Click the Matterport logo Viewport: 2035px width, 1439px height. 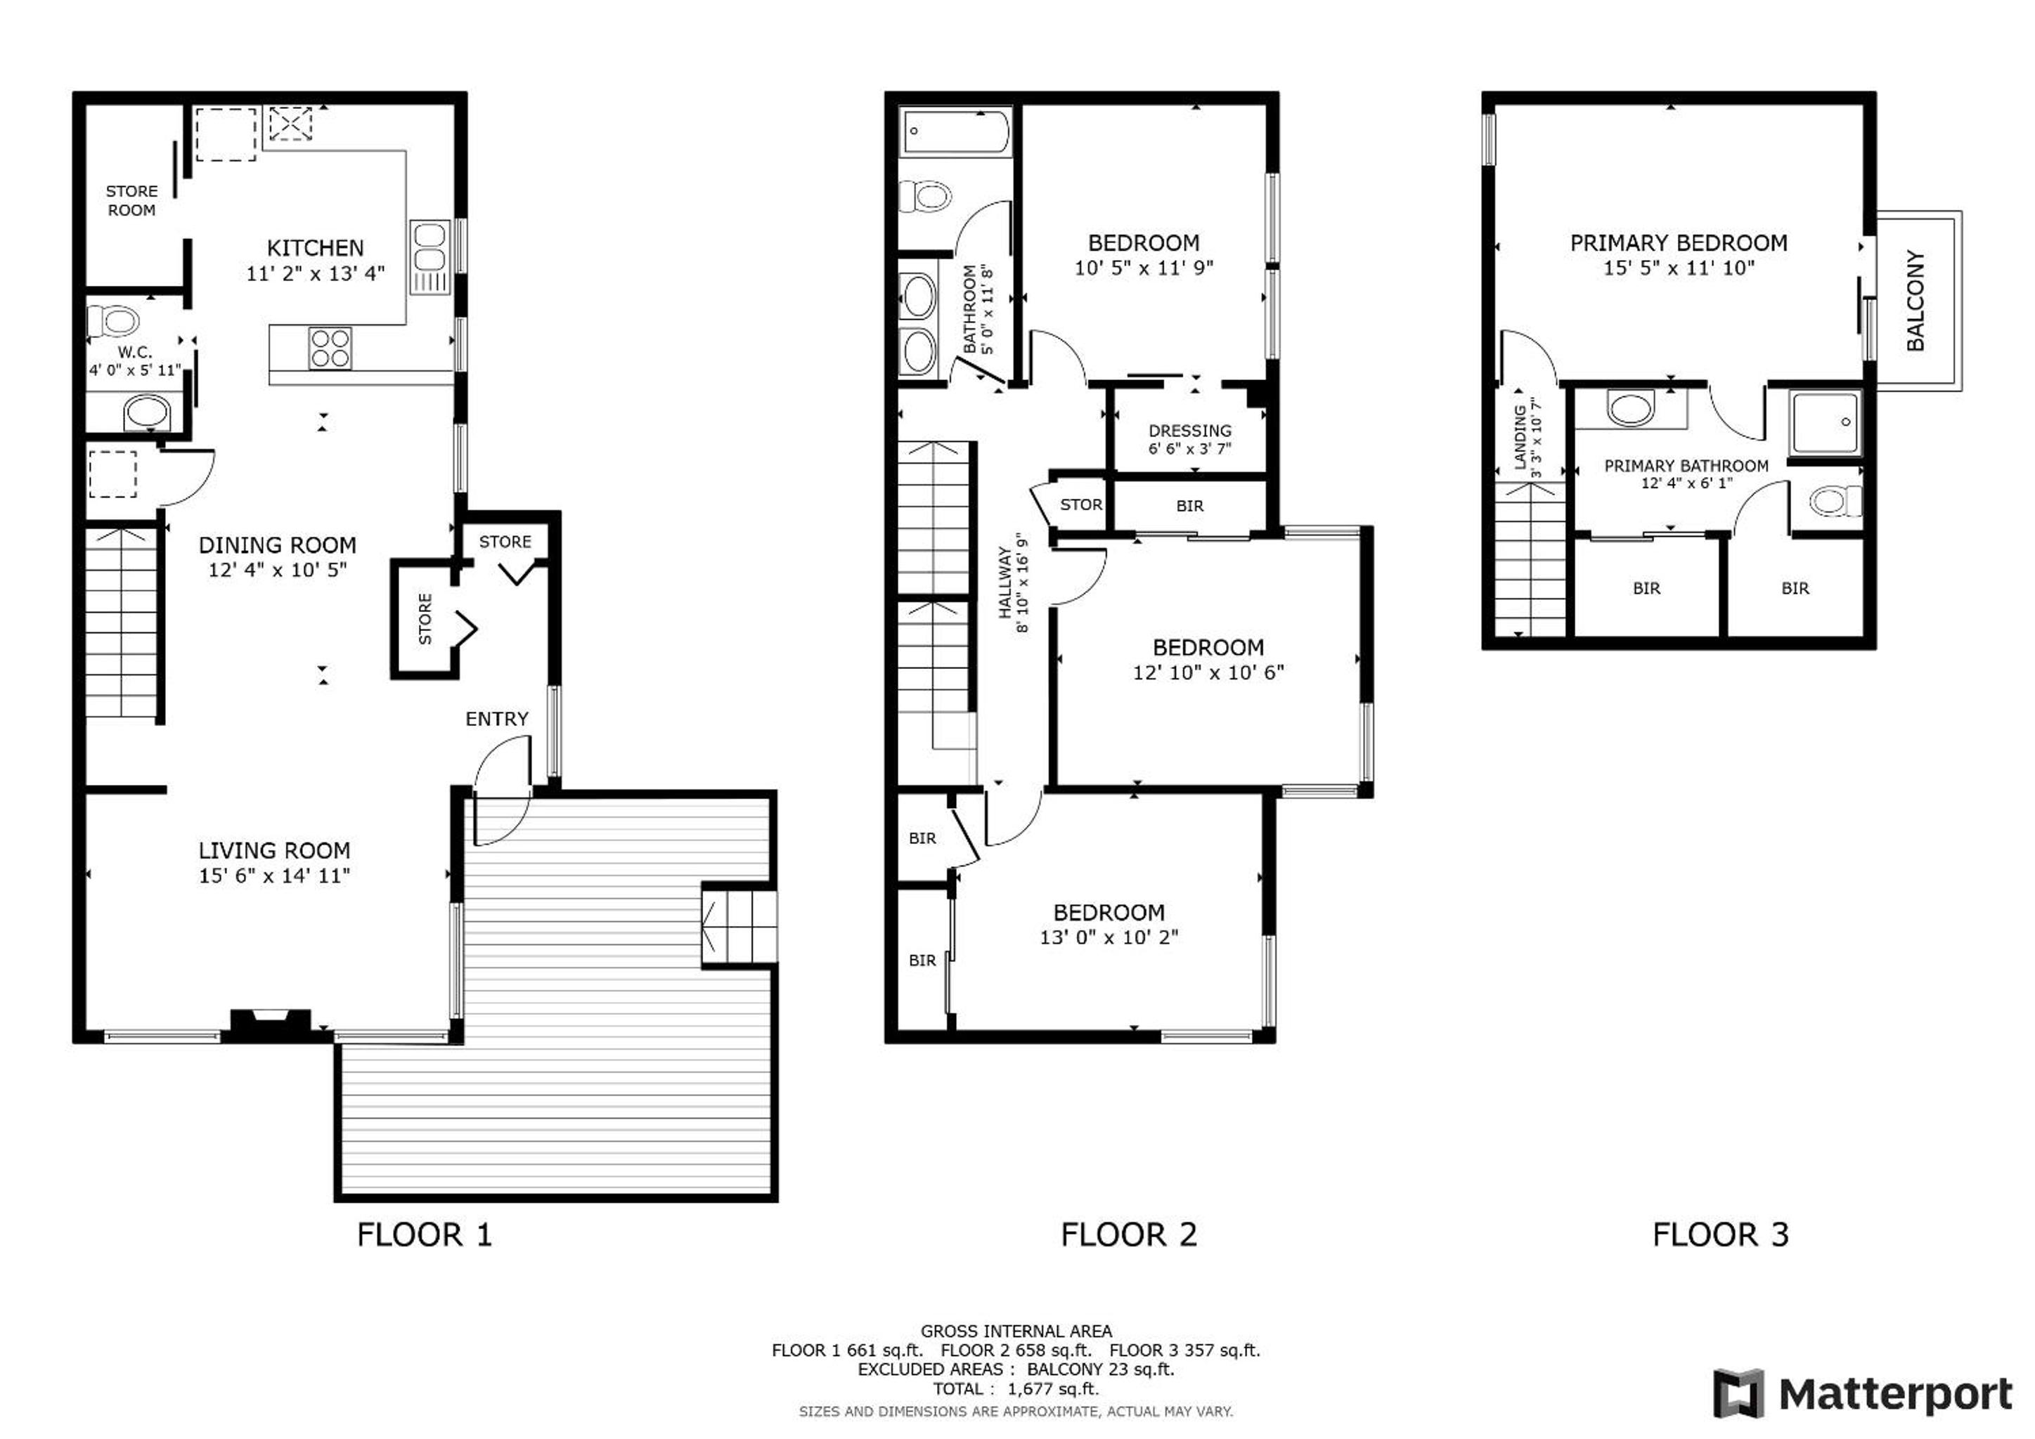[x=1862, y=1394]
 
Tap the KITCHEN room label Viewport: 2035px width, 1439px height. [x=316, y=248]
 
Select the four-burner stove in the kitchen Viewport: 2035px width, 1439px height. [x=330, y=349]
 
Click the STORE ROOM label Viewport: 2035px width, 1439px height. [x=131, y=200]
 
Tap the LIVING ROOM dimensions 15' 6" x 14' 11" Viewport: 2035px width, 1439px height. [x=275, y=875]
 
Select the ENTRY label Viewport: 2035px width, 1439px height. [x=497, y=719]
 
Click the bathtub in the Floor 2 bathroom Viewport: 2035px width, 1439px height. [x=955, y=133]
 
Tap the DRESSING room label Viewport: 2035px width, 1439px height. [x=1190, y=431]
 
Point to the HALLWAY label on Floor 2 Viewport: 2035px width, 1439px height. [x=1005, y=582]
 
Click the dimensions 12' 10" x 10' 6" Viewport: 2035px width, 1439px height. [x=1208, y=672]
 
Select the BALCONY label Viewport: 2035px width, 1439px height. [x=1916, y=301]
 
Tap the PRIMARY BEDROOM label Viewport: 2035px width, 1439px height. [x=1679, y=243]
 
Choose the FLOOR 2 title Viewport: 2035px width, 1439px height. [x=1128, y=1235]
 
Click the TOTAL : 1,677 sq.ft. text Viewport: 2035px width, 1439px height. [x=1016, y=1388]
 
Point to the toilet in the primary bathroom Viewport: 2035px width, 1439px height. [x=1835, y=502]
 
